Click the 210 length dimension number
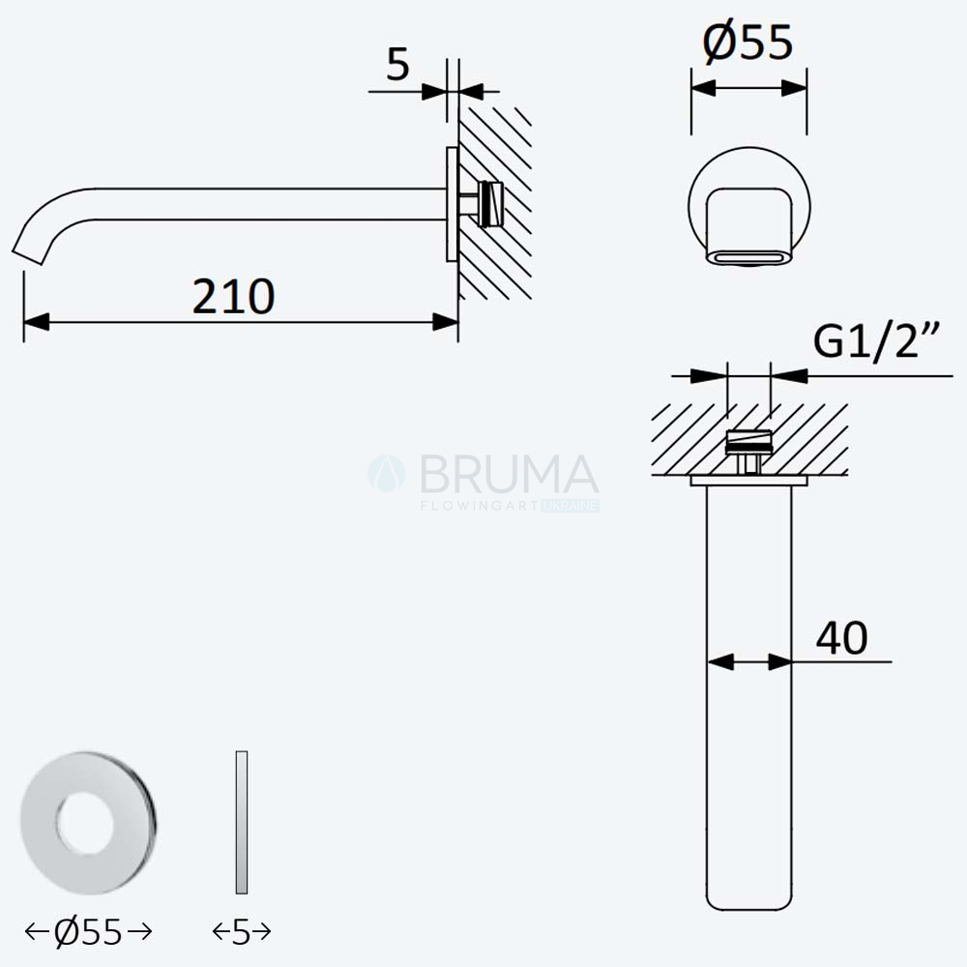233,297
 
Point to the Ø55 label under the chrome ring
88,932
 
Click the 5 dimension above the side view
397,64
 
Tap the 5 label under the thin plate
241,932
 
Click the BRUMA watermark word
509,474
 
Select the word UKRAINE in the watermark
571,506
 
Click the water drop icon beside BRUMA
387,474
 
